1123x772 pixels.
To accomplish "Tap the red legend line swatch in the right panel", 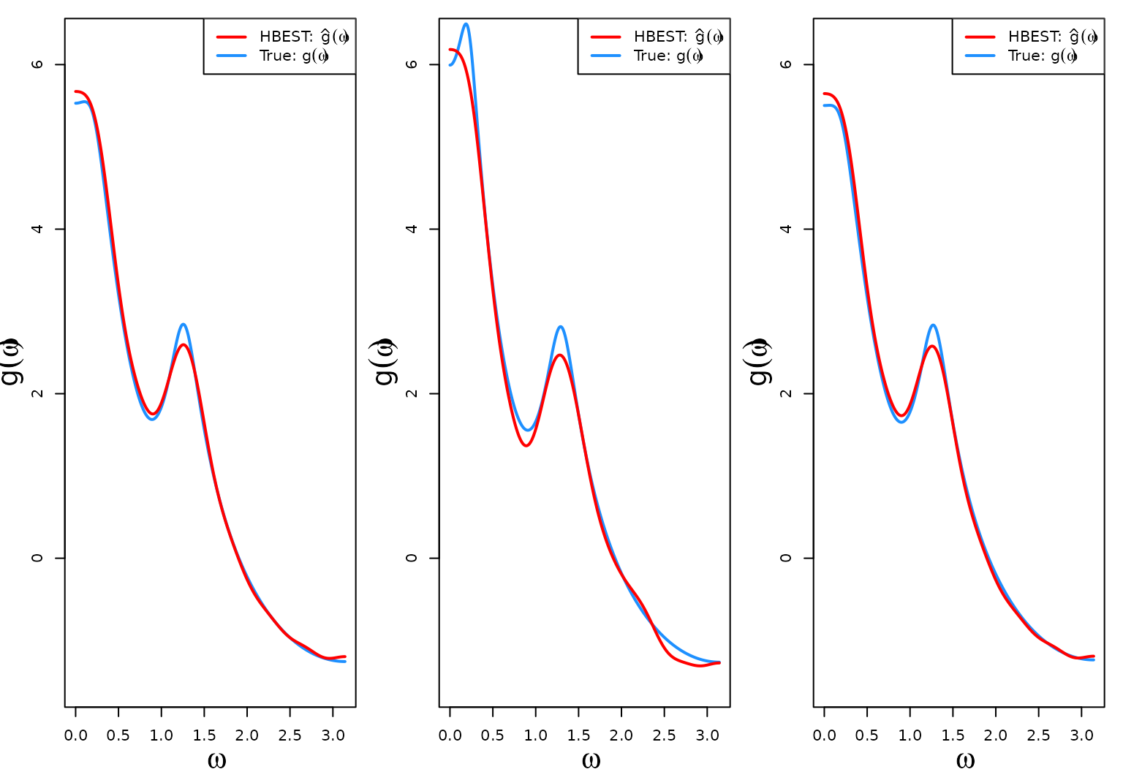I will coord(980,37).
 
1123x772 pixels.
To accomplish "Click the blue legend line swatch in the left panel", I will coord(231,56).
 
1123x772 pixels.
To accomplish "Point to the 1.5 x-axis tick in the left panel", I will coord(204,735).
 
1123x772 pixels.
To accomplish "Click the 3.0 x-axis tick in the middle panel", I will coord(707,735).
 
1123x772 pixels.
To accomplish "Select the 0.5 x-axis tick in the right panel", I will coord(867,735).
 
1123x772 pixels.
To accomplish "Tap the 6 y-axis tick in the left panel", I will coord(38,64).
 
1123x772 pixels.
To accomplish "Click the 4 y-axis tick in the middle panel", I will coord(412,229).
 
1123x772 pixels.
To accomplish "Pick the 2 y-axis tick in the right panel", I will coord(787,393).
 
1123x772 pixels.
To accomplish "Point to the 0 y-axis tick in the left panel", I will coord(38,558).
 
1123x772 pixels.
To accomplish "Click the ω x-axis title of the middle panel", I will coord(591,760).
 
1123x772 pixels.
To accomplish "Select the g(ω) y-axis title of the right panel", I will coord(760,362).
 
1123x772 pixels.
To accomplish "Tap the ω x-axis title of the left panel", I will coord(216,760).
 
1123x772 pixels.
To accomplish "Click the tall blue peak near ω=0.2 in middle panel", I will coord(466,24).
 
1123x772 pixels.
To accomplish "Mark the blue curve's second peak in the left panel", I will coord(183,324).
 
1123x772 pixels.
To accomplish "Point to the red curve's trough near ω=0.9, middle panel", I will coord(526,445).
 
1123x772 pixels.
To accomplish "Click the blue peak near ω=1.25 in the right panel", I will coord(932,325).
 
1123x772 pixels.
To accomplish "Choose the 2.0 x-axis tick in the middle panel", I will coord(621,735).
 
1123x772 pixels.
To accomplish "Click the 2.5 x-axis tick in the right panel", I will coord(1038,735).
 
